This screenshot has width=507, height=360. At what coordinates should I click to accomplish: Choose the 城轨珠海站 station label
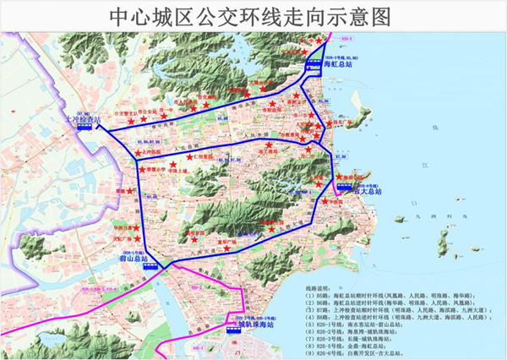tap(258, 324)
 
